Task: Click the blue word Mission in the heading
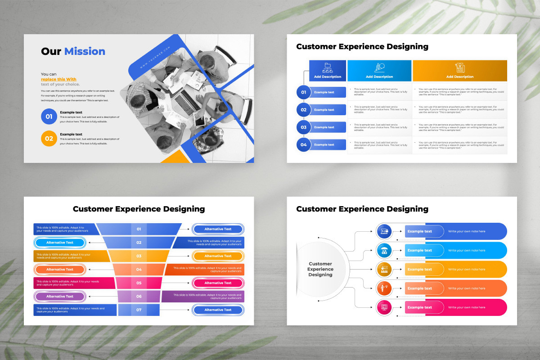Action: (x=85, y=51)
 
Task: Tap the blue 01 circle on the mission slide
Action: (x=49, y=117)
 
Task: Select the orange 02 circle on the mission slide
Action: (x=49, y=139)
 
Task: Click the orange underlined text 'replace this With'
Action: (x=58, y=79)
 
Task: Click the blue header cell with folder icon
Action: (x=328, y=71)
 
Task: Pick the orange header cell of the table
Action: (x=459, y=71)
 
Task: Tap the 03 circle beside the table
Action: (x=304, y=127)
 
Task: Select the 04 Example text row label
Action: (x=324, y=145)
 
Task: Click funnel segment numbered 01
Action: (x=139, y=229)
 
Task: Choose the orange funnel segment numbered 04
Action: (x=139, y=270)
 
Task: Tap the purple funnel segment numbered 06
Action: (x=139, y=297)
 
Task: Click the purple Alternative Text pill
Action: (x=60, y=297)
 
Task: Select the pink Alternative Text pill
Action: (x=218, y=283)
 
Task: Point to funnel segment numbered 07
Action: (x=139, y=310)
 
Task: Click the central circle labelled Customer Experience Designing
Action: (x=320, y=269)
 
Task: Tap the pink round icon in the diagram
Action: (x=384, y=307)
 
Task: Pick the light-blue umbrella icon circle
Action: (x=384, y=250)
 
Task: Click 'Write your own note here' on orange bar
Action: (x=467, y=270)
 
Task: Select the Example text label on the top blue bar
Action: (x=419, y=231)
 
